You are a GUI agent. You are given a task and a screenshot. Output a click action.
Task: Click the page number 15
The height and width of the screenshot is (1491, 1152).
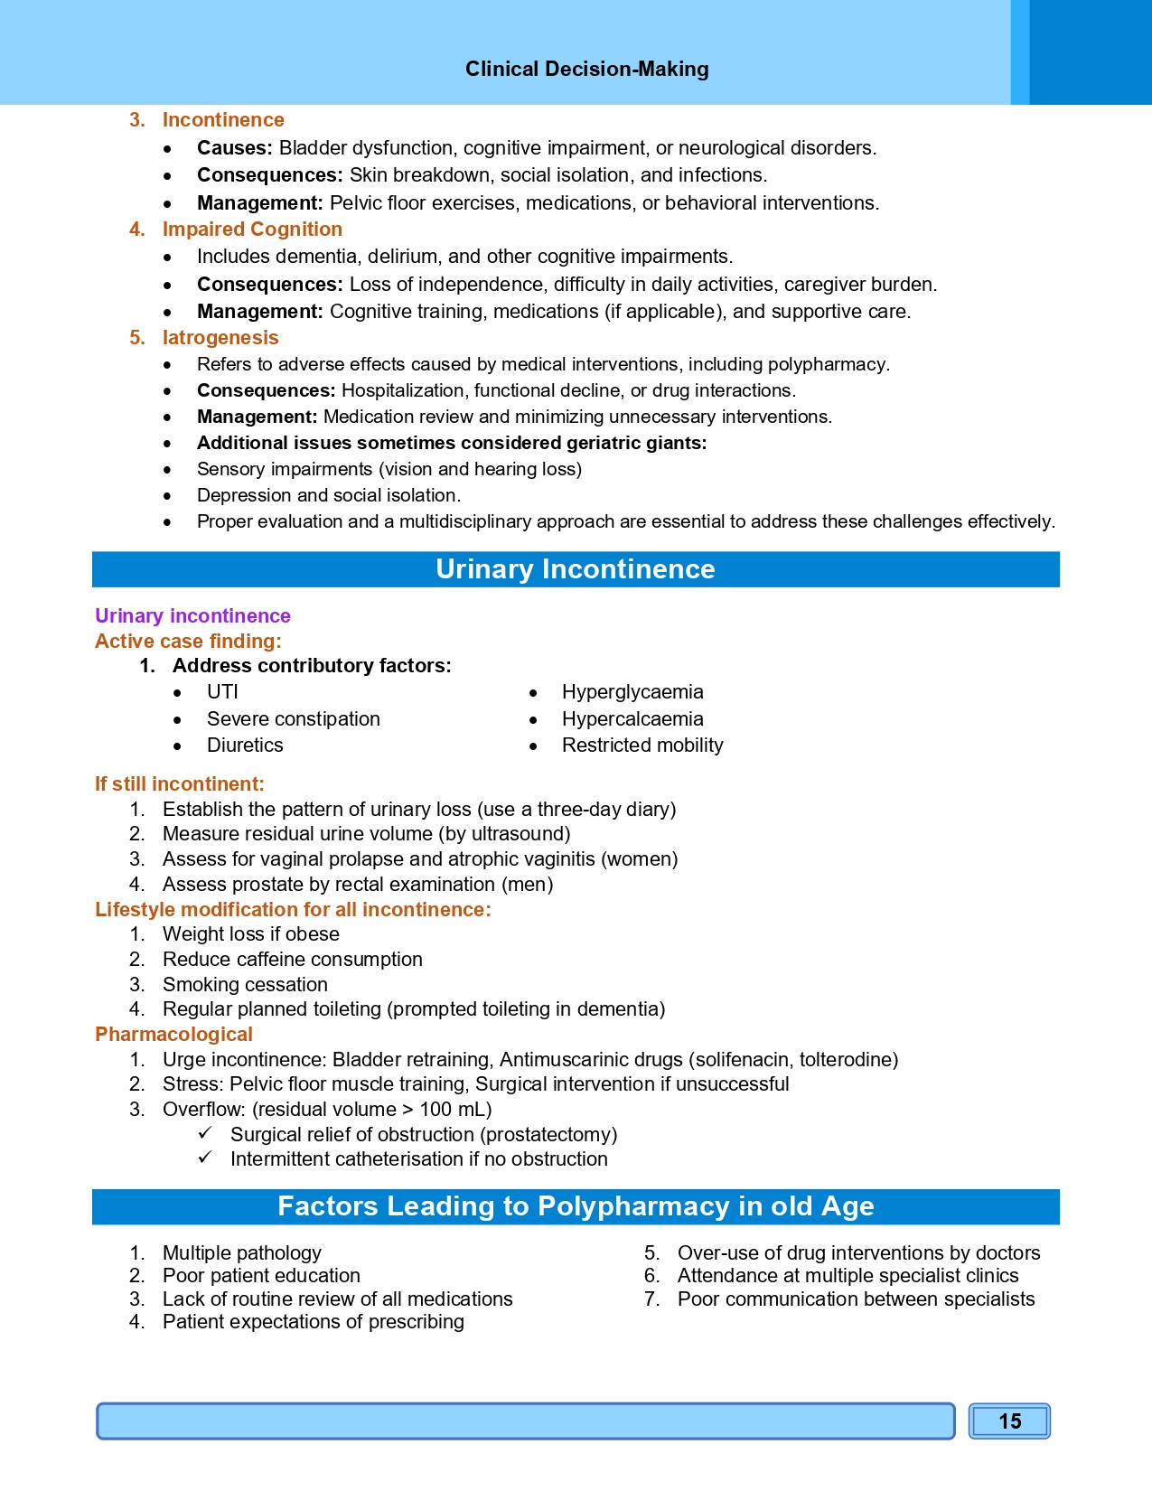tap(1009, 1421)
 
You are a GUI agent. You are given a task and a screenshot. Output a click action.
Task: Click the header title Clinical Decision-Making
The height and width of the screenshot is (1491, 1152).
tap(586, 70)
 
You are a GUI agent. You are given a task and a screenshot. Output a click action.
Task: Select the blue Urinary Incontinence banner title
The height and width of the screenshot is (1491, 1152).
tap(575, 569)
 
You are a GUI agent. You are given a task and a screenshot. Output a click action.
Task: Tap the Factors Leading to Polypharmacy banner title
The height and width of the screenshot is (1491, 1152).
tap(575, 1206)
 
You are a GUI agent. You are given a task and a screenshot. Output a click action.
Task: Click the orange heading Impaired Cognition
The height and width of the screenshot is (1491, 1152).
tap(252, 230)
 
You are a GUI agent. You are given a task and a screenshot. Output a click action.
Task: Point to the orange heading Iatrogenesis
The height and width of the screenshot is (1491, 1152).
tap(220, 338)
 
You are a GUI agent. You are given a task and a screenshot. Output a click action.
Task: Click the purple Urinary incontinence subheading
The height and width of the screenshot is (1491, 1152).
tap(192, 616)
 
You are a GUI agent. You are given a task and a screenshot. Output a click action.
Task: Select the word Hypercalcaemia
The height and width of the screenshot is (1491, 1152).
tap(632, 719)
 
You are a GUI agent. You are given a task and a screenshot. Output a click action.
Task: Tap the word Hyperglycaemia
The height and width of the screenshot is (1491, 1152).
tap(632, 692)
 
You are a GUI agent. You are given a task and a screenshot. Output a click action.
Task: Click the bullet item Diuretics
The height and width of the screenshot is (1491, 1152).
tap(245, 745)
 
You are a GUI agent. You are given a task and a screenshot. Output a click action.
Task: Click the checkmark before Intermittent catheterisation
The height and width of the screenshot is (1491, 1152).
tap(205, 1158)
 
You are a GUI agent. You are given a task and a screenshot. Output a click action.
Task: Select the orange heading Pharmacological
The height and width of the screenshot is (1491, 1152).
tap(173, 1035)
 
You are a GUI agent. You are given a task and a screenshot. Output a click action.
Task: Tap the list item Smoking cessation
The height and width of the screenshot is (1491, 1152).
tap(245, 985)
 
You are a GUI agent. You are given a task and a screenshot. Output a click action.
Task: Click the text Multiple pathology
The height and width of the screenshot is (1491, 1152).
tap(241, 1253)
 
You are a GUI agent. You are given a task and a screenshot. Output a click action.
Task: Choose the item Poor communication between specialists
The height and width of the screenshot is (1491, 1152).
tap(856, 1299)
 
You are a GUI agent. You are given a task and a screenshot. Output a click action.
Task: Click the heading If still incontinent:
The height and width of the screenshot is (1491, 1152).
tap(180, 784)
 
